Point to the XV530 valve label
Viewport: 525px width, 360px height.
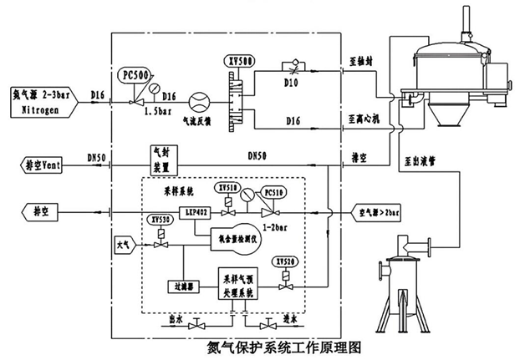point(158,219)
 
